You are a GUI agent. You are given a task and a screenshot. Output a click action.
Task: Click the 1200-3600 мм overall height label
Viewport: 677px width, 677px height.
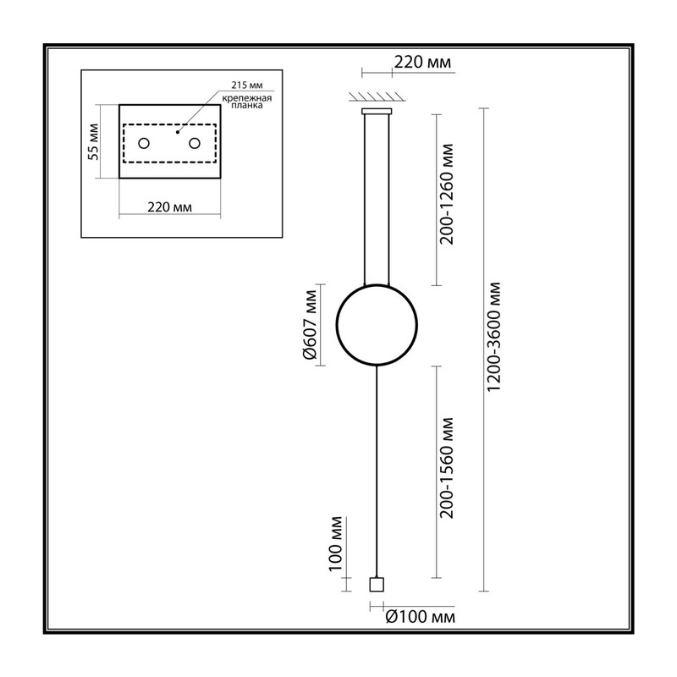494,336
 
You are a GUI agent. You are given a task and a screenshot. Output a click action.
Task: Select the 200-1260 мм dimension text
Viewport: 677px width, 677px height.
447,195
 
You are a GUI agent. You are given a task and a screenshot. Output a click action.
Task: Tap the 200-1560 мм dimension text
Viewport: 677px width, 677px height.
447,468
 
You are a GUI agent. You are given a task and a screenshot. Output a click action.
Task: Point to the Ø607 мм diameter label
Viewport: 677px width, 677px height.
310,324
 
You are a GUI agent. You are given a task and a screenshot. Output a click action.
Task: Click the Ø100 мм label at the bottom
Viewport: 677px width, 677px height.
420,617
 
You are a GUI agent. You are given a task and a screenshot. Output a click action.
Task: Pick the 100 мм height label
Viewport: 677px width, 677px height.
335,543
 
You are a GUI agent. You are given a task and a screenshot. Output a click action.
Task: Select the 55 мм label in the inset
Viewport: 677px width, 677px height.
93,141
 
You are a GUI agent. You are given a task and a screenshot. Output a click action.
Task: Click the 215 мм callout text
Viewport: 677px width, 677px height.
247,85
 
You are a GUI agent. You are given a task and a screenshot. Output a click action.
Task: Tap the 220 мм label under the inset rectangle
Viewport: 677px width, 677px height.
170,207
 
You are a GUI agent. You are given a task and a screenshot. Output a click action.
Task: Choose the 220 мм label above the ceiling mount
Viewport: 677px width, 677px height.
422,62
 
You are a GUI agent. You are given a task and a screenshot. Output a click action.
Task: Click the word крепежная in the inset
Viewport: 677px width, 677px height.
247,98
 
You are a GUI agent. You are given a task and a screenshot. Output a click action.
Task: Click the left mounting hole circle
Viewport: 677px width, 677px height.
144,143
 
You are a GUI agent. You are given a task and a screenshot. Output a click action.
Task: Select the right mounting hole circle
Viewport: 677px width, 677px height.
195,143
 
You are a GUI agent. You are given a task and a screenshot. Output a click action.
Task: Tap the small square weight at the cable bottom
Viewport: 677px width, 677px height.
377,584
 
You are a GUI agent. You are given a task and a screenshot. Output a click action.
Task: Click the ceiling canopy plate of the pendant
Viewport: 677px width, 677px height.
377,112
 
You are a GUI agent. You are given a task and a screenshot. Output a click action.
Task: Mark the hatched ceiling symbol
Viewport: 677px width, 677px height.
377,96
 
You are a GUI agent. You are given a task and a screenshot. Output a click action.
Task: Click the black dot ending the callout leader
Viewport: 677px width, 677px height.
178,132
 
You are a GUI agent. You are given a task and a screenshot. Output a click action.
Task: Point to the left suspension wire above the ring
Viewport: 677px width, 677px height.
365,200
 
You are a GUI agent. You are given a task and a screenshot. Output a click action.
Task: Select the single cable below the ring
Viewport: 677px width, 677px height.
377,471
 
